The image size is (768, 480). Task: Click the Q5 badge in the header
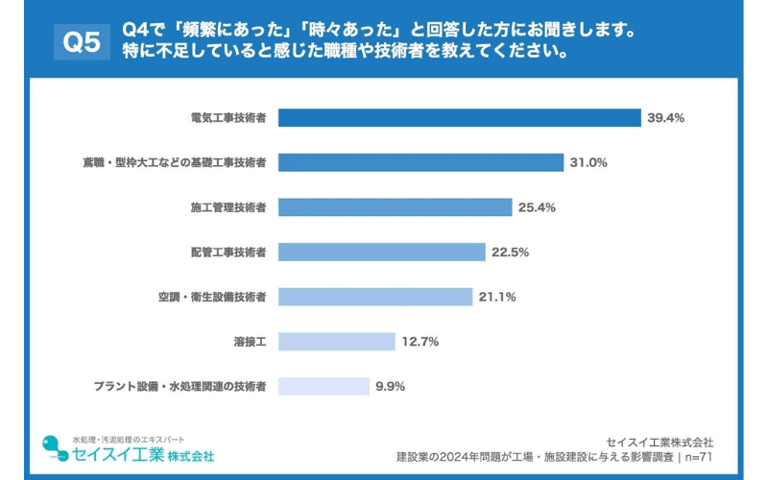(x=81, y=42)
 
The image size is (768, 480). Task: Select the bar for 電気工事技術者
(x=459, y=118)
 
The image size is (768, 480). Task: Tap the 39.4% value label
(x=665, y=118)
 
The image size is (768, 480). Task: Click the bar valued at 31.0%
(x=420, y=162)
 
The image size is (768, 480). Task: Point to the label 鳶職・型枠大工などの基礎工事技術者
(x=174, y=162)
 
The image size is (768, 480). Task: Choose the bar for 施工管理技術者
(x=395, y=207)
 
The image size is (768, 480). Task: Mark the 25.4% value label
(x=537, y=207)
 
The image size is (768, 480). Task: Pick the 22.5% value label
(x=510, y=252)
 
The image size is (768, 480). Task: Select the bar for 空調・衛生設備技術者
(x=375, y=297)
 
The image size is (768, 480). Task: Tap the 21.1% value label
(x=497, y=297)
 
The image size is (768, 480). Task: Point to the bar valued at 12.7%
(x=336, y=342)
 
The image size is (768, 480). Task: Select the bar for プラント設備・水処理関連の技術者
(x=324, y=386)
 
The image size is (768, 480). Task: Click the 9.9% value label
(x=391, y=386)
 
